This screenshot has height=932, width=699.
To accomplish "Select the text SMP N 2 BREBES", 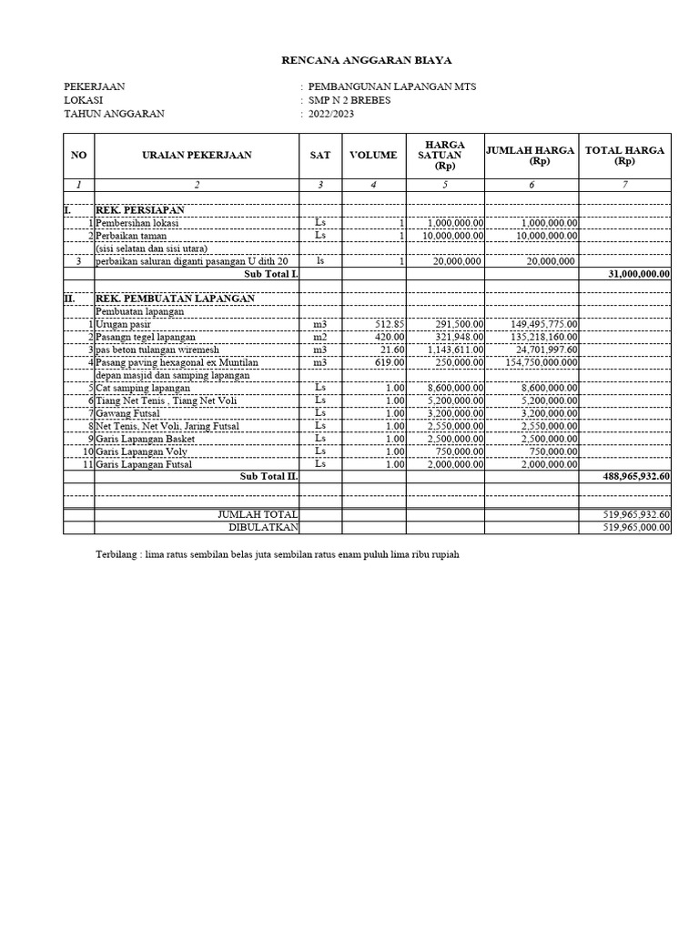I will coord(349,100).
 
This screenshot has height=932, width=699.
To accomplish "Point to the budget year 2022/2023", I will coord(332,114).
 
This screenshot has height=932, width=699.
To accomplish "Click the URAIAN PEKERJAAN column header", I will coord(197,156).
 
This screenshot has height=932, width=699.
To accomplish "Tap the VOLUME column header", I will coord(373,156).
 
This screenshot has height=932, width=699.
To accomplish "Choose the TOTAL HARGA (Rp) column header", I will coord(624,156).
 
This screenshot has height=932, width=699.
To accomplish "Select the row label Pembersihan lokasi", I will coord(138,223).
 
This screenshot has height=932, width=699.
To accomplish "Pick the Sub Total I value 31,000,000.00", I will coord(637,273).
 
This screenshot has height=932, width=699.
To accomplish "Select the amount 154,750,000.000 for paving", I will coord(541,362).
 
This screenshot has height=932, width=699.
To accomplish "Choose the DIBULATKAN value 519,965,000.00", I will coord(636,528).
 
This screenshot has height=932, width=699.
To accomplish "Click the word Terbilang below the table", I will coord(117,554).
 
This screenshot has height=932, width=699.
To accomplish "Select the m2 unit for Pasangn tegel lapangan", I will coord(319,337).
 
